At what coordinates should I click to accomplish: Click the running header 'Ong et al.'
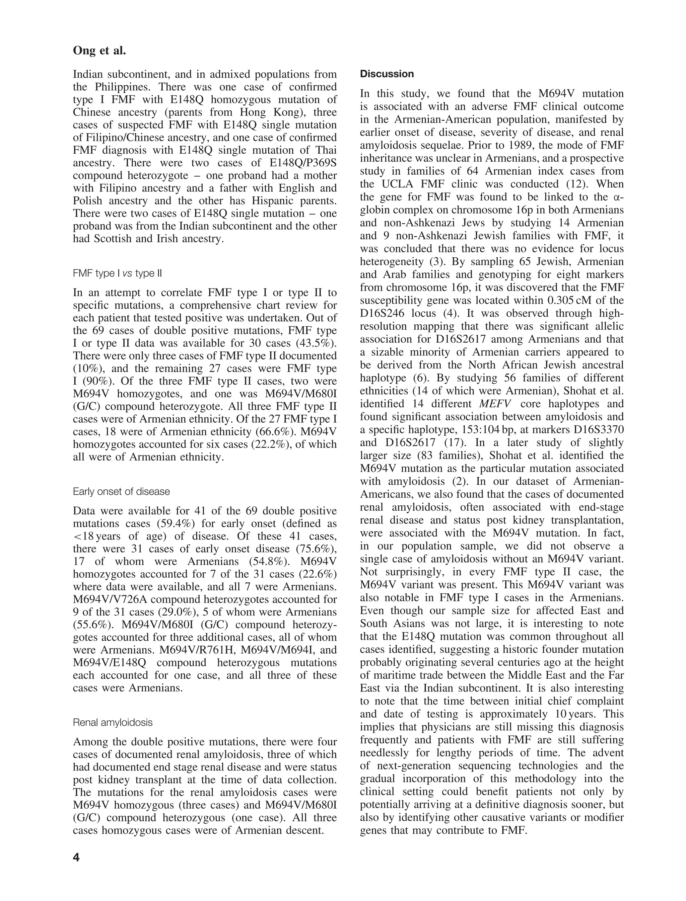pos(99,51)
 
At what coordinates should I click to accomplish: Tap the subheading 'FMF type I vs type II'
pos(117,273)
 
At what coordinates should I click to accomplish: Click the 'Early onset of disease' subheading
pos(121,491)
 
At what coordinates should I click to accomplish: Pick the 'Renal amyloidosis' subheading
pos(113,722)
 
